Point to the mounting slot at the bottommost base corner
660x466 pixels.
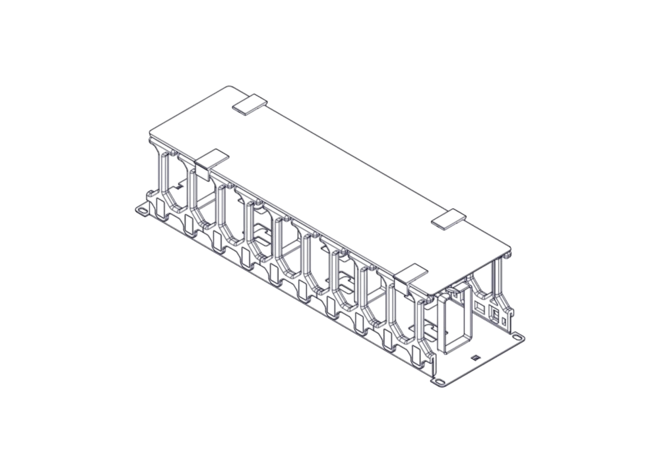point(438,382)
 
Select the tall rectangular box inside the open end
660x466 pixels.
point(455,324)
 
